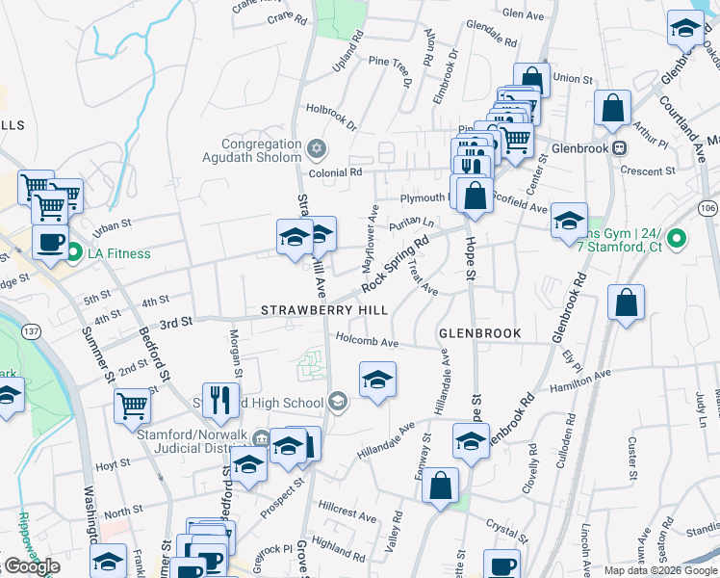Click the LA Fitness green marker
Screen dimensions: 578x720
pos(74,253)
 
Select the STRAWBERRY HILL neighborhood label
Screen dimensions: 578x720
pos(325,311)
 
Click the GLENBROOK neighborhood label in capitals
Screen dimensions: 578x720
pos(479,333)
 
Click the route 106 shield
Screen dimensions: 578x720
pos(708,209)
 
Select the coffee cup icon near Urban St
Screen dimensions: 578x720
pos(49,242)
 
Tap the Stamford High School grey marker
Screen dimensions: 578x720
pos(337,402)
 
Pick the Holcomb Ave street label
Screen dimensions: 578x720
pos(367,341)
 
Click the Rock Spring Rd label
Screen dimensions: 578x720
pos(394,267)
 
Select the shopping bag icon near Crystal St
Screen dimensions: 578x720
pos(440,486)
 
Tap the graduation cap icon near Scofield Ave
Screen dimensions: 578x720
pos(569,221)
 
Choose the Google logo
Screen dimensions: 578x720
pos(32,566)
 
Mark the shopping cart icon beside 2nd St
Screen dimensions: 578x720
pos(132,406)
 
